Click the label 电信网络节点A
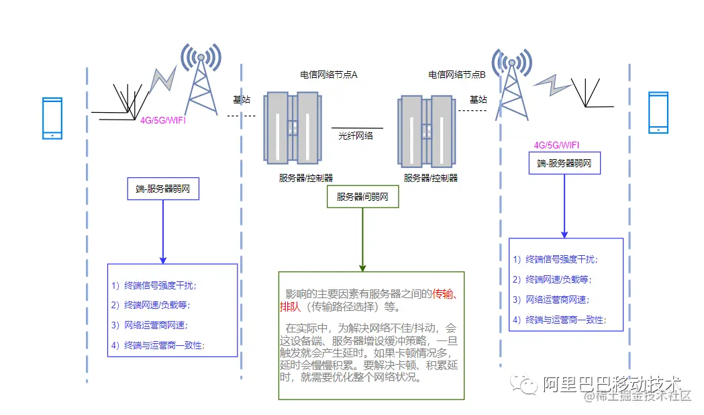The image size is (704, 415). pyautogui.click(x=329, y=75)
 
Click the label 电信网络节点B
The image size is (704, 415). pyautogui.click(x=457, y=75)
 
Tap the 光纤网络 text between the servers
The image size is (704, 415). pyautogui.click(x=356, y=136)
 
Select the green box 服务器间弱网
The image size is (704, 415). pyautogui.click(x=362, y=197)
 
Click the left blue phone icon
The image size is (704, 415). pyautogui.click(x=52, y=118)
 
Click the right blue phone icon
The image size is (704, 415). pyautogui.click(x=658, y=112)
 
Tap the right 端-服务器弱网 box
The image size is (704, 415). pyautogui.click(x=564, y=163)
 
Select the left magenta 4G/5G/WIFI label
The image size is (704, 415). pyautogui.click(x=162, y=120)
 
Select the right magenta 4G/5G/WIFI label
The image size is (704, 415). pyautogui.click(x=556, y=145)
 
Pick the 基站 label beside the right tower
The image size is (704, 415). pyautogui.click(x=479, y=99)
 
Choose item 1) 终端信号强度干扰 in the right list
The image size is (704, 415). pyautogui.click(x=556, y=259)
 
